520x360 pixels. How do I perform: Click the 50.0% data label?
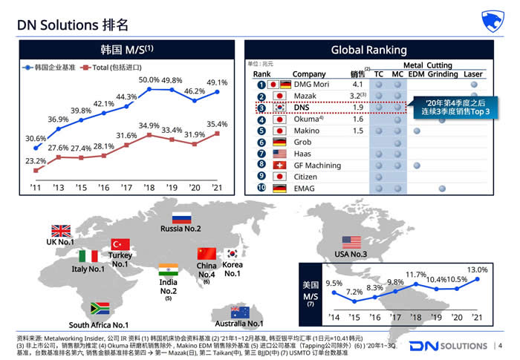[149, 79]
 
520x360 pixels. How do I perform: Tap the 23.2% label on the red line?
[35, 161]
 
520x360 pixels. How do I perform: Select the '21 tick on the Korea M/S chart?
[216, 187]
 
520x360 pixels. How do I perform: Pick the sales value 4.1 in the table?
[357, 84]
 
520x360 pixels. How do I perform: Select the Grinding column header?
[442, 74]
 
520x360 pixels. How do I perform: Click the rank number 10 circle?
[261, 188]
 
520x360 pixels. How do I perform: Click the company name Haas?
[302, 153]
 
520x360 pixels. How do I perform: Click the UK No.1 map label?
[60, 243]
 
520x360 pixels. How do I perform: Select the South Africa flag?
[100, 309]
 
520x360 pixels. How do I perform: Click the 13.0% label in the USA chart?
[478, 269]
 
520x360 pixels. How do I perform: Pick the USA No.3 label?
[350, 255]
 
